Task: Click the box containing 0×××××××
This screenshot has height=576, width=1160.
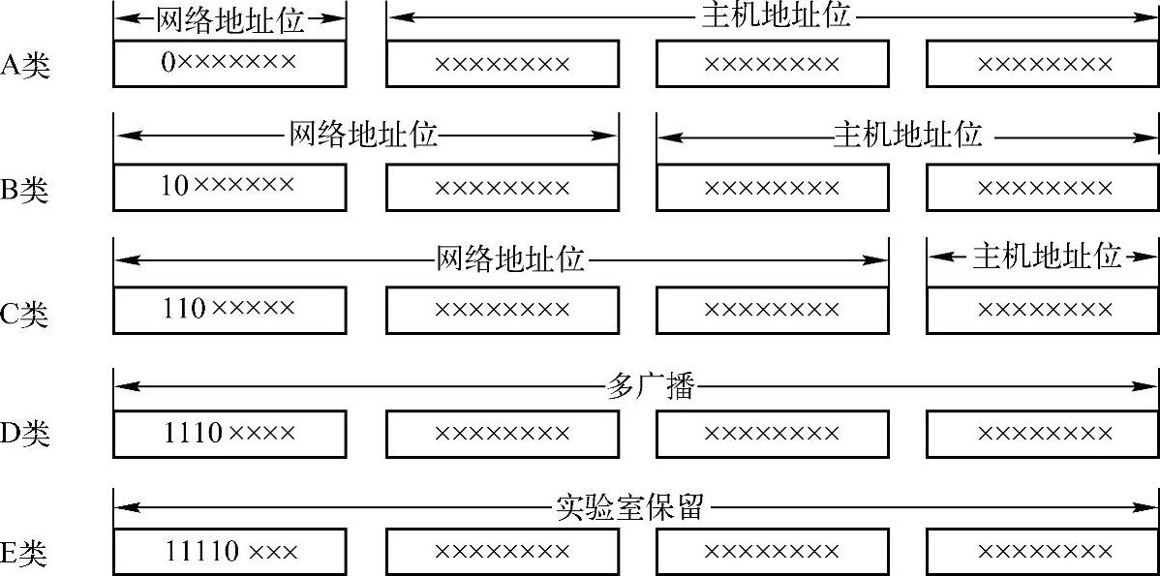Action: point(229,64)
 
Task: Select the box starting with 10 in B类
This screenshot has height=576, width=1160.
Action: point(229,186)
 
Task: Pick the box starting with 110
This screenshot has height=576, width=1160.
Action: point(229,310)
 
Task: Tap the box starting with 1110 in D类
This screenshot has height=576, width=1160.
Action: point(229,432)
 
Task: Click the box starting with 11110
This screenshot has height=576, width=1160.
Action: point(229,552)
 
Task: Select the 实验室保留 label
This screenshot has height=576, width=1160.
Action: point(629,506)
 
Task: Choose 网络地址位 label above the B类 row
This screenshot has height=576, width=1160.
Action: point(364,135)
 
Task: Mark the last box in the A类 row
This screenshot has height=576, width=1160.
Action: point(1043,64)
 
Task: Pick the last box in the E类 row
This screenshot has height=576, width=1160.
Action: point(1043,552)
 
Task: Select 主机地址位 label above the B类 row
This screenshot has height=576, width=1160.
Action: point(908,135)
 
